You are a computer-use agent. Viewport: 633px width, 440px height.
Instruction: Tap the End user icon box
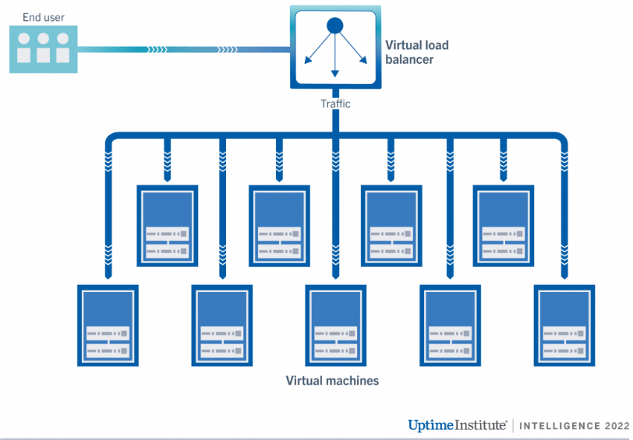pos(44,49)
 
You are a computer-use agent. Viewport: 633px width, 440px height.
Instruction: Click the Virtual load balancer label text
pos(417,51)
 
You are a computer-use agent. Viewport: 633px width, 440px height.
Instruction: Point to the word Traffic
pos(335,103)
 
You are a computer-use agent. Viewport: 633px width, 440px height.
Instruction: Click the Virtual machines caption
pos(332,381)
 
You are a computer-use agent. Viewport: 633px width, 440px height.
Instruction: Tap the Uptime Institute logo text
pos(458,425)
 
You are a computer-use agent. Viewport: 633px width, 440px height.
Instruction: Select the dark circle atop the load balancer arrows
pos(335,26)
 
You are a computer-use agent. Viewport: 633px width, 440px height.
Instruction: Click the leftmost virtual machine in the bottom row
pos(108,325)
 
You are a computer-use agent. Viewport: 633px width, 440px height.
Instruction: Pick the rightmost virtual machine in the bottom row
pos(564,325)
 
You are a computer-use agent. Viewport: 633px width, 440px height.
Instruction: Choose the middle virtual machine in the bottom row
pos(335,325)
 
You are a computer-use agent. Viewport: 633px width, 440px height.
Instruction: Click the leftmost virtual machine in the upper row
pos(167,226)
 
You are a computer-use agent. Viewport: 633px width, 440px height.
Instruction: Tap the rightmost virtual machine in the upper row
pos(504,226)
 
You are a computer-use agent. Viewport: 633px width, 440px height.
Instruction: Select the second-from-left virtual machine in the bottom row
pos(222,325)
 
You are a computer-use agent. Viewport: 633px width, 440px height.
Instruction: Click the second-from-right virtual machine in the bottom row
pos(451,325)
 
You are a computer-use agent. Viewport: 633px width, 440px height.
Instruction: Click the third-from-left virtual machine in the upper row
pos(392,226)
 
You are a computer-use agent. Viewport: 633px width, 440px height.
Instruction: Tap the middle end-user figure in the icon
pos(44,48)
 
